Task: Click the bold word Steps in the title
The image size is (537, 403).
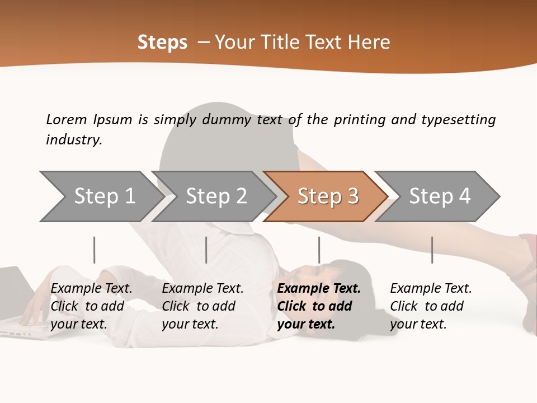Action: click(x=162, y=43)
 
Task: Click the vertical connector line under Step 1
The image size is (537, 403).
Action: click(x=94, y=250)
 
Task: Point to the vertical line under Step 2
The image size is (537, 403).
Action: click(x=206, y=250)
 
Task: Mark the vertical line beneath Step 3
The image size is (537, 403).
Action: click(x=319, y=250)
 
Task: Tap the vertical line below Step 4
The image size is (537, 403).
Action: click(x=432, y=250)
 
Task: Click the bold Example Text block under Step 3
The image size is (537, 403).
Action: click(x=319, y=306)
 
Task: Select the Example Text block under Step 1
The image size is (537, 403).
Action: click(x=91, y=306)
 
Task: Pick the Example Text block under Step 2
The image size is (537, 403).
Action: click(x=202, y=306)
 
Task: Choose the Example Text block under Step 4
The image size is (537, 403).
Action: click(x=431, y=306)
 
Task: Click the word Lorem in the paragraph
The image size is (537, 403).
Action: click(x=66, y=120)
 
